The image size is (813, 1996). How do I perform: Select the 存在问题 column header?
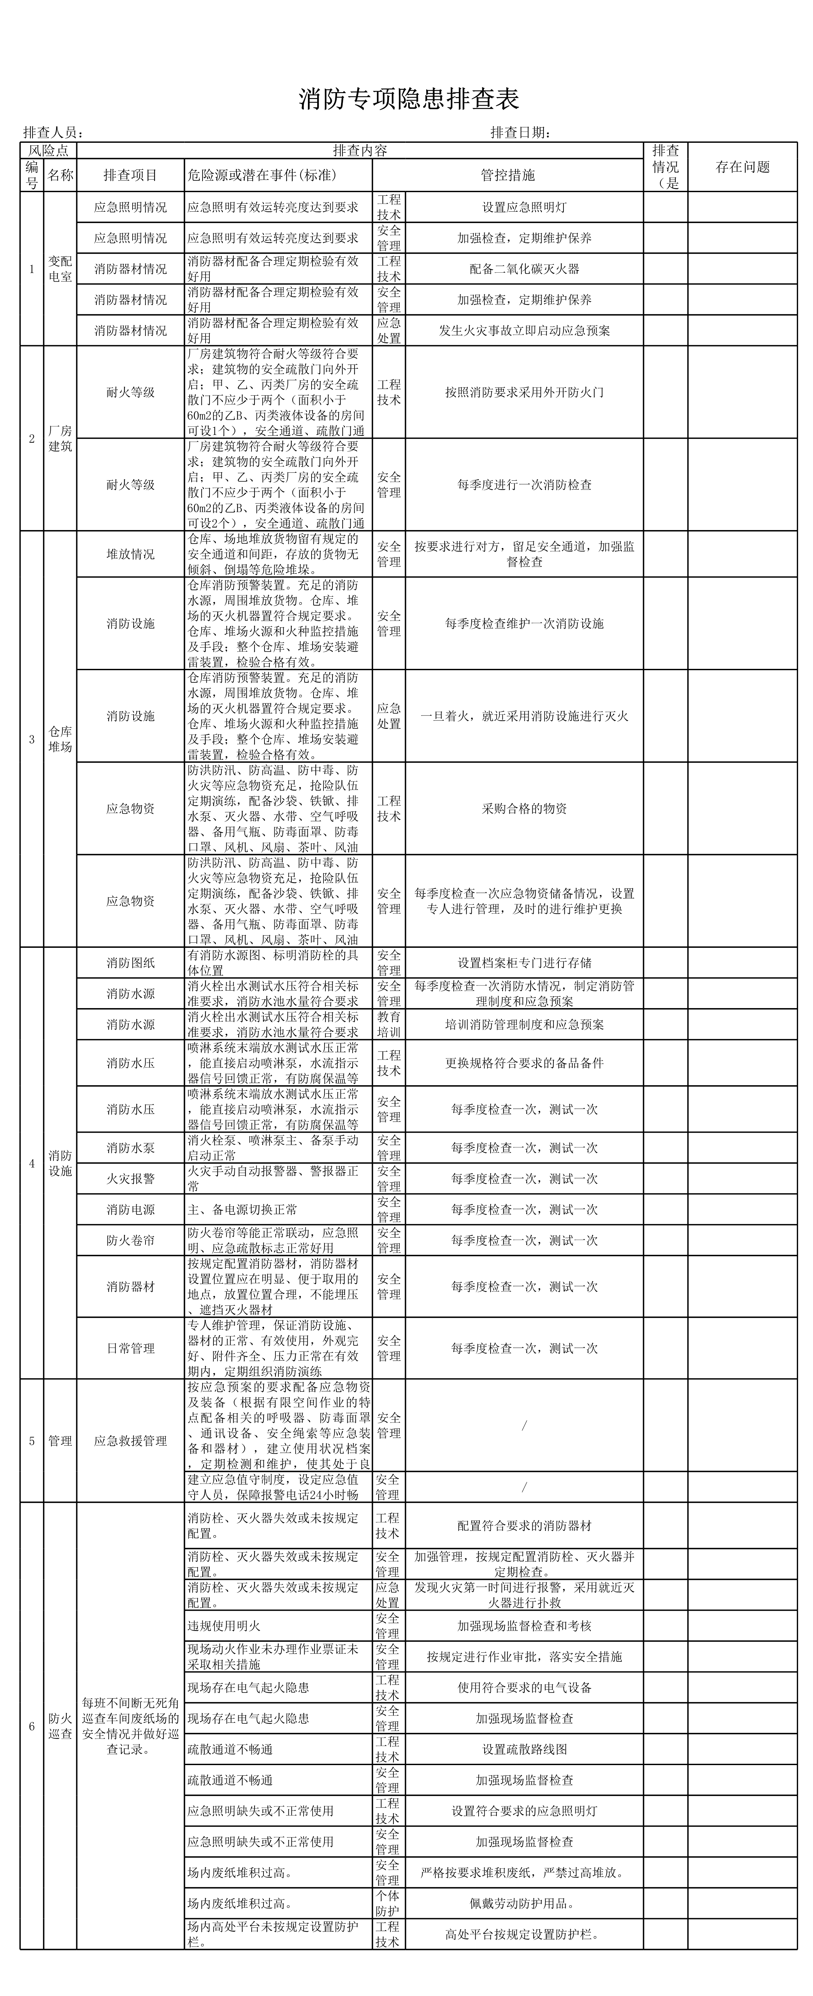(742, 167)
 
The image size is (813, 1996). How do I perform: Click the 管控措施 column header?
(508, 175)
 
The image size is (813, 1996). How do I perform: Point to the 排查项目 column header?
(130, 175)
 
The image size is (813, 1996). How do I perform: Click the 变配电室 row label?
(60, 269)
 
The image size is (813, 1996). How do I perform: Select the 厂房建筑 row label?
(60, 439)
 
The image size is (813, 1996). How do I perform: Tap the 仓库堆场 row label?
(60, 739)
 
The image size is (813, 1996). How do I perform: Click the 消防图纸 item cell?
(130, 962)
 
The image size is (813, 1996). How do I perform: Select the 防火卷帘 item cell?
(130, 1240)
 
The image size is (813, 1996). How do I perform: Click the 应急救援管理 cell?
(130, 1440)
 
